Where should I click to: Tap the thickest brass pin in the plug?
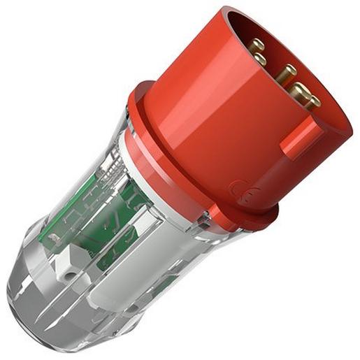[x=299, y=91]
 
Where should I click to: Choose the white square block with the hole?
[x=70, y=266]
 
